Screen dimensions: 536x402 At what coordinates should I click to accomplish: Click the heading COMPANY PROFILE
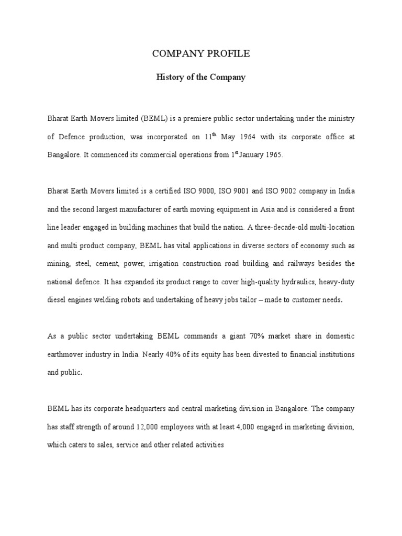tap(201, 54)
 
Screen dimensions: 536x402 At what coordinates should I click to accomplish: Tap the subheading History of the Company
tap(201, 77)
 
